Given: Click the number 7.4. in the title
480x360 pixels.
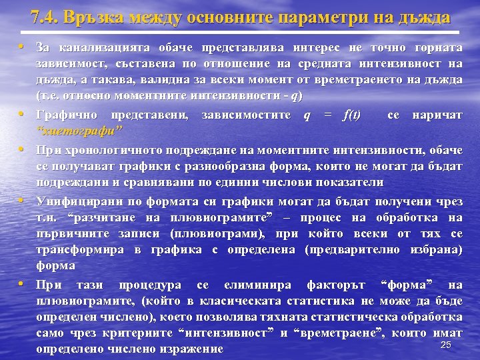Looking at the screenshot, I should [44, 17].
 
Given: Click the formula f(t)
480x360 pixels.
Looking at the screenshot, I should [349, 115].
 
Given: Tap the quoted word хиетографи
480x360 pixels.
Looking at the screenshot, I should [79, 129].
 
